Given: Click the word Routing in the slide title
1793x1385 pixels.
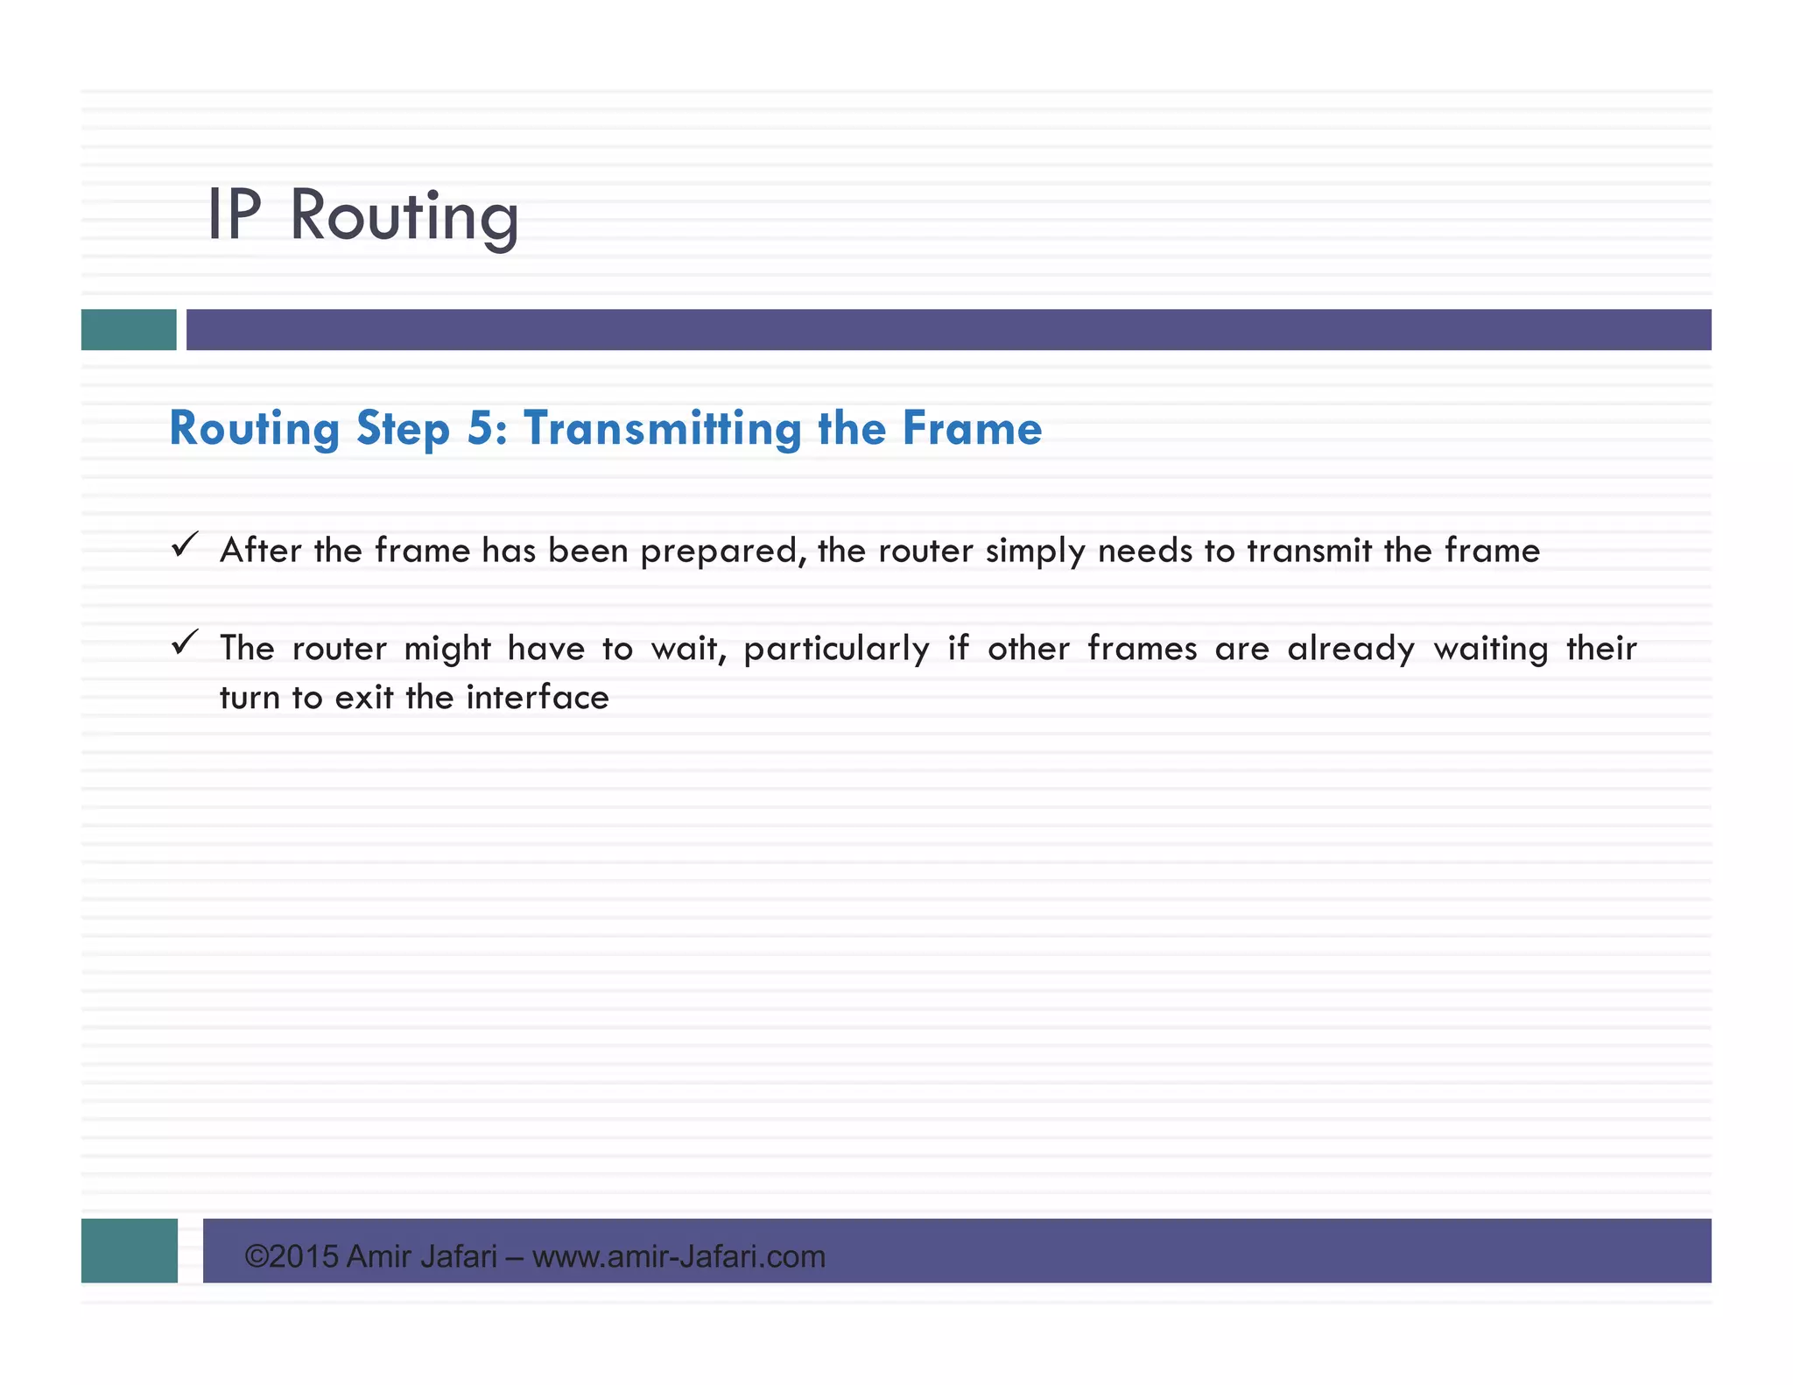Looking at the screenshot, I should coord(404,216).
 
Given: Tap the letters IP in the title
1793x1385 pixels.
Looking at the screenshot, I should coord(234,214).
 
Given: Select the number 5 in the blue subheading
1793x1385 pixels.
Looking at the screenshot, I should coord(481,428).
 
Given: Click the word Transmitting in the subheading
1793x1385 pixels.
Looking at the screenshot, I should coord(662,429).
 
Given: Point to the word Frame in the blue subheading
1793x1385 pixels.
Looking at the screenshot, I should coord(972,428).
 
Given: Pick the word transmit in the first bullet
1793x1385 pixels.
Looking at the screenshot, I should coord(1309,551).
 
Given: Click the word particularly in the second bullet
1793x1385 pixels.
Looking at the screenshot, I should coord(836,650).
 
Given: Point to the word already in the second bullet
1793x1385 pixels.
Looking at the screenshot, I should coord(1350,650).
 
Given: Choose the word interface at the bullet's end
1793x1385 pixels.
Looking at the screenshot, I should coord(537,698).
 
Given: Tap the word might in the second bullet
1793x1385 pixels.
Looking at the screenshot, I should coord(447,650).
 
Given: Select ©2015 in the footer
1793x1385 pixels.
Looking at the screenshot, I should coord(291,1256).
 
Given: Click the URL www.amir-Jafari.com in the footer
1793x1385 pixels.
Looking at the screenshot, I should coord(679,1256).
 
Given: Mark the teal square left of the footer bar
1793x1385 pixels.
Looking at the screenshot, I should coord(130,1250).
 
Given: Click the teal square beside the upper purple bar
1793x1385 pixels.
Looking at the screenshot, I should coord(129,329).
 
